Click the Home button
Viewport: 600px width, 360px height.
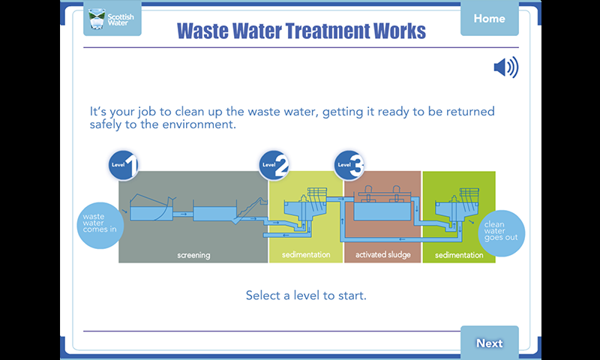(490, 18)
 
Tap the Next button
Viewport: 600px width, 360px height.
(490, 343)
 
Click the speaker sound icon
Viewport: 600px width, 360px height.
(505, 67)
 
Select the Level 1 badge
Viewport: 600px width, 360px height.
(123, 165)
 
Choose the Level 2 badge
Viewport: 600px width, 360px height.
(274, 165)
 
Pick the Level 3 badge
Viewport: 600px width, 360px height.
(349, 165)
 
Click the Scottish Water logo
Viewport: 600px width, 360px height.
(112, 19)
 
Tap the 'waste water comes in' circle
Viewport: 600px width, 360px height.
(100, 225)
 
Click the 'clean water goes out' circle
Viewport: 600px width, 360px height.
(501, 233)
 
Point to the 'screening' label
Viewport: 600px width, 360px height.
(193, 255)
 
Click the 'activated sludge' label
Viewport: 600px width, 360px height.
(383, 255)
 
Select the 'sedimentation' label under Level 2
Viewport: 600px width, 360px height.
(306, 255)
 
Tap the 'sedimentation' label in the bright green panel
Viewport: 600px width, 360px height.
(459, 255)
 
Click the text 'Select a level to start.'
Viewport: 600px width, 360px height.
(306, 295)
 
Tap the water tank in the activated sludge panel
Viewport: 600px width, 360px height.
(382, 211)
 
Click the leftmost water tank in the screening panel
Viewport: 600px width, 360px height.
(151, 213)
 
